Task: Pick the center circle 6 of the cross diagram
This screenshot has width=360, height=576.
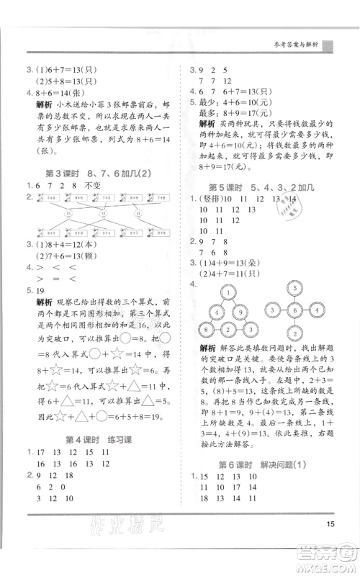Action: (294, 310)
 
